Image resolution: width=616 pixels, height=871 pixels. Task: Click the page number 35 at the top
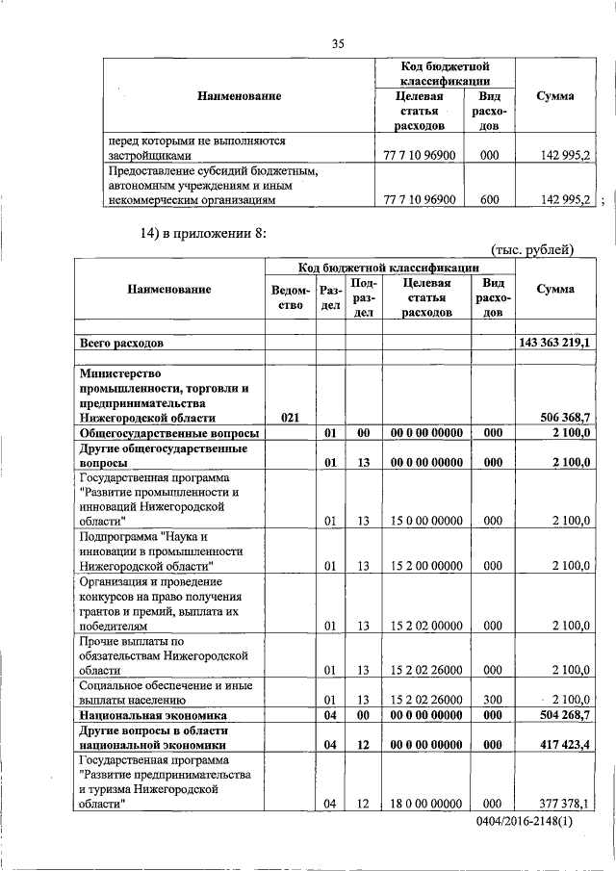pos(338,42)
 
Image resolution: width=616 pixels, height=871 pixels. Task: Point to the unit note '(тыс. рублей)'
pos(532,250)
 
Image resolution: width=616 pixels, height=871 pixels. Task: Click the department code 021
pos(291,418)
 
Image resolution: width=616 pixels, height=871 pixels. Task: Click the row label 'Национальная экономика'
pos(154,716)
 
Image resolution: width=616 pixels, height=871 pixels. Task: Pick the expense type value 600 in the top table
pos(489,199)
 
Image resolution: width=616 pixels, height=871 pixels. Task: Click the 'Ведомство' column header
pos(291,297)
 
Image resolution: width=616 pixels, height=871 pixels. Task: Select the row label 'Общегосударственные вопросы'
pos(160,433)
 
